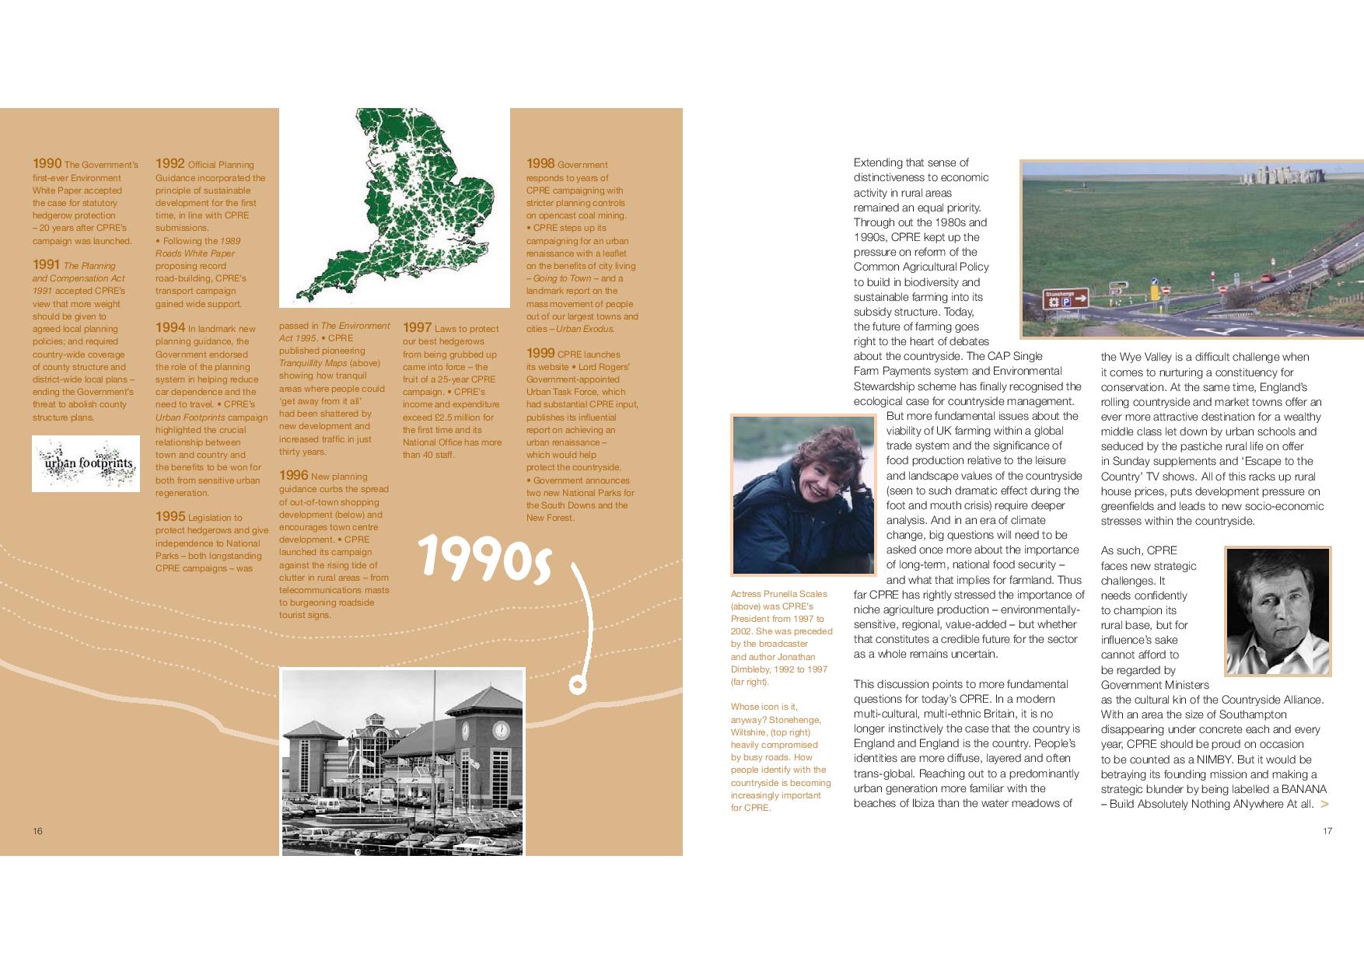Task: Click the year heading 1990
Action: click(47, 164)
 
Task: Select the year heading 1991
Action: click(47, 265)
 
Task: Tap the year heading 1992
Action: click(170, 164)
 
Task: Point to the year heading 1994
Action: click(170, 328)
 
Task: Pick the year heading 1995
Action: click(170, 517)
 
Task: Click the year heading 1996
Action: click(293, 476)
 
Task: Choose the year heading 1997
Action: click(417, 328)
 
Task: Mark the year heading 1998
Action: click(540, 164)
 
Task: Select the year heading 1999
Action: click(540, 354)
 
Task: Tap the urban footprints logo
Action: click(86, 464)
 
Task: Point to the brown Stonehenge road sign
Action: click(1065, 299)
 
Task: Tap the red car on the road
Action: click(1268, 278)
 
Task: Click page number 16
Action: click(37, 831)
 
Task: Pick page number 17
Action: click(1327, 831)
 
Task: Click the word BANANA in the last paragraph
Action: click(1304, 789)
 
